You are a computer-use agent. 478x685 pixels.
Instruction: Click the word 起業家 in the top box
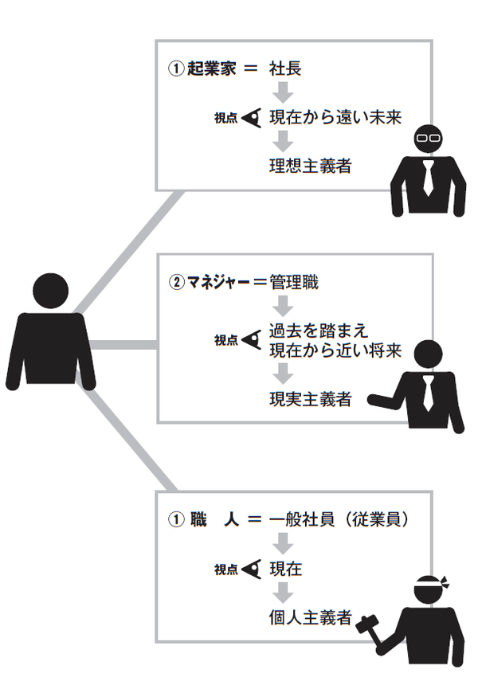click(x=207, y=69)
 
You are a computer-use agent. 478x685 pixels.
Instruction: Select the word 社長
click(x=286, y=69)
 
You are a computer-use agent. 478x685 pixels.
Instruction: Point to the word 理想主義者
click(x=311, y=166)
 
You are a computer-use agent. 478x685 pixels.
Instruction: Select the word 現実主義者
click(x=311, y=399)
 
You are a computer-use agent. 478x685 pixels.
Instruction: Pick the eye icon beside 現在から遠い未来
click(x=252, y=118)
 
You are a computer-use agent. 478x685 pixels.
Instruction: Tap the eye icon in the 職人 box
click(x=252, y=569)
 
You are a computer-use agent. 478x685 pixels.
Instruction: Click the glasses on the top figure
click(x=429, y=137)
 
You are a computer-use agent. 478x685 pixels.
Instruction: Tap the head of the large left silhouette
click(x=52, y=290)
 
